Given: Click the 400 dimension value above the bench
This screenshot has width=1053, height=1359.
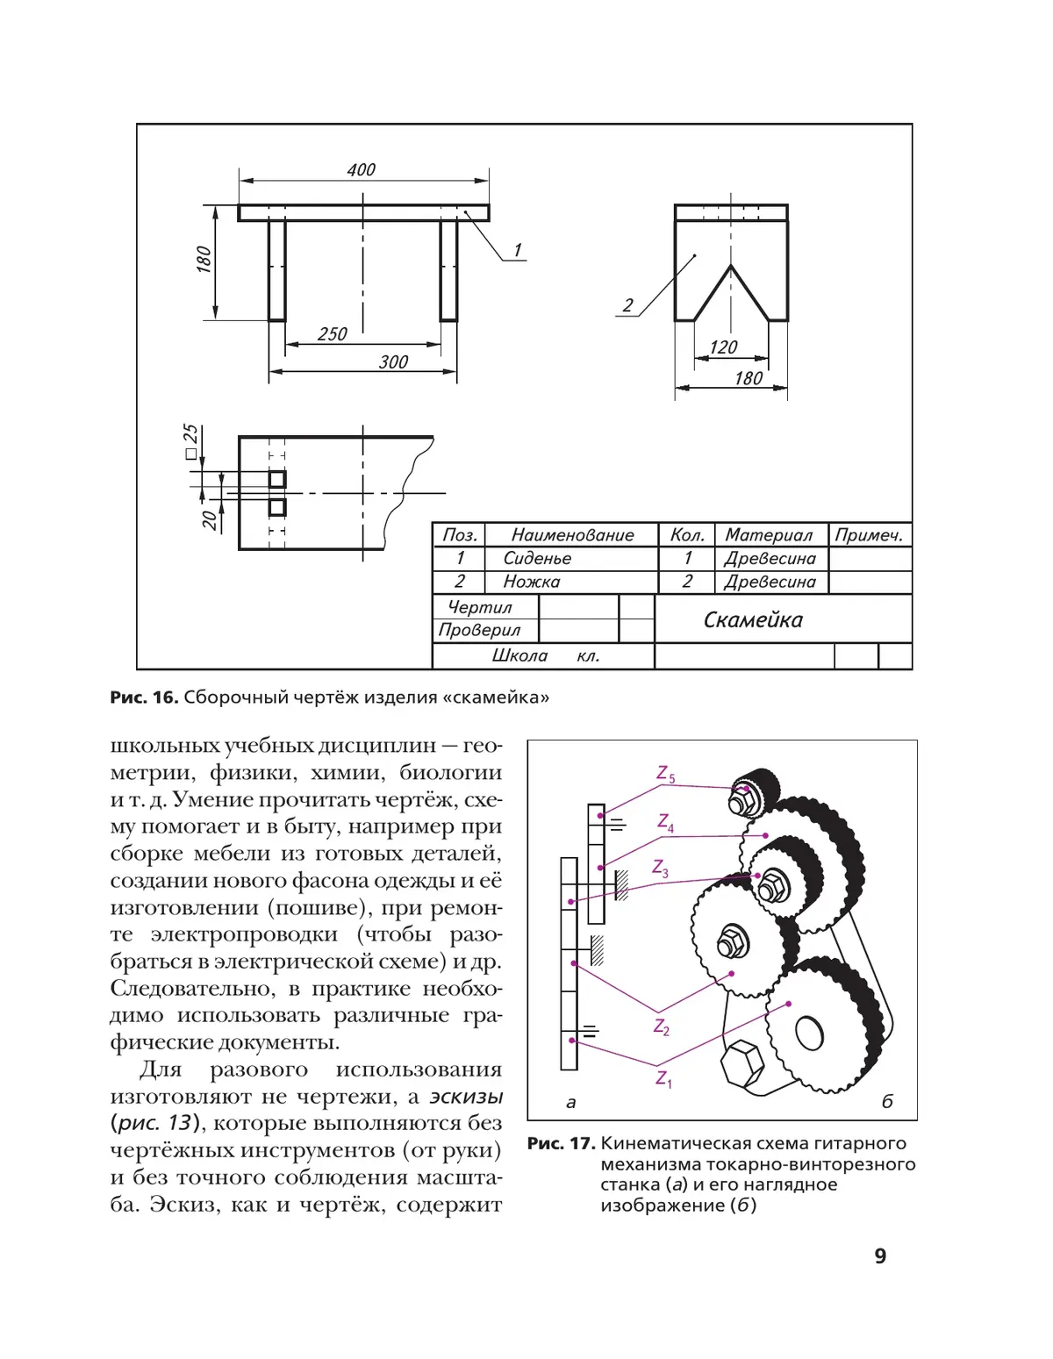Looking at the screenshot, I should pos(361,169).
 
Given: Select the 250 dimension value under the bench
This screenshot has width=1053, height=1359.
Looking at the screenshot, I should pos(333,334).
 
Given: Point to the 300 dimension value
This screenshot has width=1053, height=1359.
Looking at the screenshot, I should pos(393,361).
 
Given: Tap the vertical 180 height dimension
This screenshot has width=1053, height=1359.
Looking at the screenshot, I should pos(204,260).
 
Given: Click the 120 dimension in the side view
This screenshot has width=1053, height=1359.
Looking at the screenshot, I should pos(723,347).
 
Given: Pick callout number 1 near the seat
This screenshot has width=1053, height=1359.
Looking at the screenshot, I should pos(518,250).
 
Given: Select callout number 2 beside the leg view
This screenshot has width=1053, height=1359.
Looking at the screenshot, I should pos(627,305).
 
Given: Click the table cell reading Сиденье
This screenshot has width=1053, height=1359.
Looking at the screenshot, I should pos(537,559).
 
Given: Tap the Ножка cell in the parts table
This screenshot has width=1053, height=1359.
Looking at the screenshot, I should pos(531,582).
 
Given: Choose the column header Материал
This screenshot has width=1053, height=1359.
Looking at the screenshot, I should pos(769,535).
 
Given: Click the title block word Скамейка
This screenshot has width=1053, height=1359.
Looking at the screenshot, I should pos(753,620).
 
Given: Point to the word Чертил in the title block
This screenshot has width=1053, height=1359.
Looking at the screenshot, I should pos(479,607).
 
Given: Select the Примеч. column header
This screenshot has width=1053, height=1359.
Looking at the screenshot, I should pos(869,535).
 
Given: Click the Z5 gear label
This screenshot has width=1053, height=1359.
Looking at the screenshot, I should pos(666,774).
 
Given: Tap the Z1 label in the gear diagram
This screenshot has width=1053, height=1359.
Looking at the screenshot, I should pos(663,1078).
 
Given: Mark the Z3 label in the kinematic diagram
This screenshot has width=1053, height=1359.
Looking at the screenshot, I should pos(660,868).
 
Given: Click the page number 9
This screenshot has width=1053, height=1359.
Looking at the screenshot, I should pos(880,1256).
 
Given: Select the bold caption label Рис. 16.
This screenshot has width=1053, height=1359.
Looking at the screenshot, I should pos(144,697).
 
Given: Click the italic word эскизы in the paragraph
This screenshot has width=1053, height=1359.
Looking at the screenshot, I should pos(466,1097).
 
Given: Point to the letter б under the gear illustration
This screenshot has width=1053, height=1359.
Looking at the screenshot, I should pos(887,1102).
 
